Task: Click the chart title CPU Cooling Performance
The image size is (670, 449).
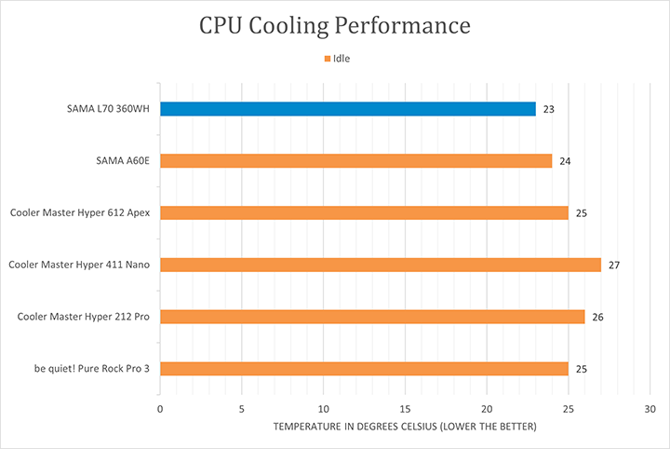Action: [334, 26]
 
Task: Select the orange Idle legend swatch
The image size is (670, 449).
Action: [327, 59]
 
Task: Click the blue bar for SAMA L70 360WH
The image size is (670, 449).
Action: [348, 109]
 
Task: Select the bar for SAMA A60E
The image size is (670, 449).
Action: [356, 160]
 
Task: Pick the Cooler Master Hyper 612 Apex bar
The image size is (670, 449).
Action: [364, 212]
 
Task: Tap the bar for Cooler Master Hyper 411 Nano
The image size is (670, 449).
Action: [381, 265]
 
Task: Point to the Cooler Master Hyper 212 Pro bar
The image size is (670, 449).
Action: [372, 317]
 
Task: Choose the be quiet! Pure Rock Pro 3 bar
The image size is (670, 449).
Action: [364, 368]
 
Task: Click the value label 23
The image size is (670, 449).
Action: [549, 109]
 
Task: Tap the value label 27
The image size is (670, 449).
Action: [614, 265]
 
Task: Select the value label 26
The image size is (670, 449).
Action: [597, 318]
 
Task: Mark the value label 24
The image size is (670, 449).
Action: [565, 161]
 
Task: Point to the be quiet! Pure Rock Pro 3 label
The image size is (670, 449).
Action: [92, 369]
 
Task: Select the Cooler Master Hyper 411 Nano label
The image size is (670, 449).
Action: [80, 265]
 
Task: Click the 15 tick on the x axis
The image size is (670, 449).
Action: [405, 409]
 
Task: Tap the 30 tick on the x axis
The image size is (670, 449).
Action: [650, 409]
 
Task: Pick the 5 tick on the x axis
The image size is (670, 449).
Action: [242, 409]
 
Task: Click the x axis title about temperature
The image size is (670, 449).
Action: [405, 427]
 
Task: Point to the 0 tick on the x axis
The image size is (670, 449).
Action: [160, 409]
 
